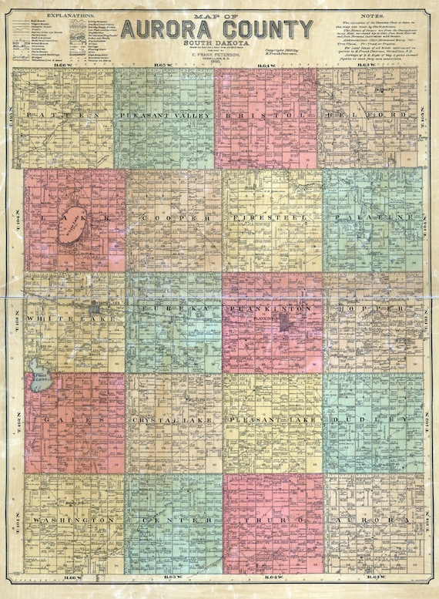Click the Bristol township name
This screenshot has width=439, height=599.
[266, 115]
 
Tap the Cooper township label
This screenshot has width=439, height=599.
[175, 219]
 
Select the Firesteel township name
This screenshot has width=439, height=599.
[272, 219]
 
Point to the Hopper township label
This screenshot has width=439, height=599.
[374, 308]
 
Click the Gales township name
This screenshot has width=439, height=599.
[74, 419]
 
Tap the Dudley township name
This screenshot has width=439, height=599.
[374, 419]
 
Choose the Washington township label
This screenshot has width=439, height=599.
[74, 521]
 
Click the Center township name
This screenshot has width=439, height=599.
[174, 521]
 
